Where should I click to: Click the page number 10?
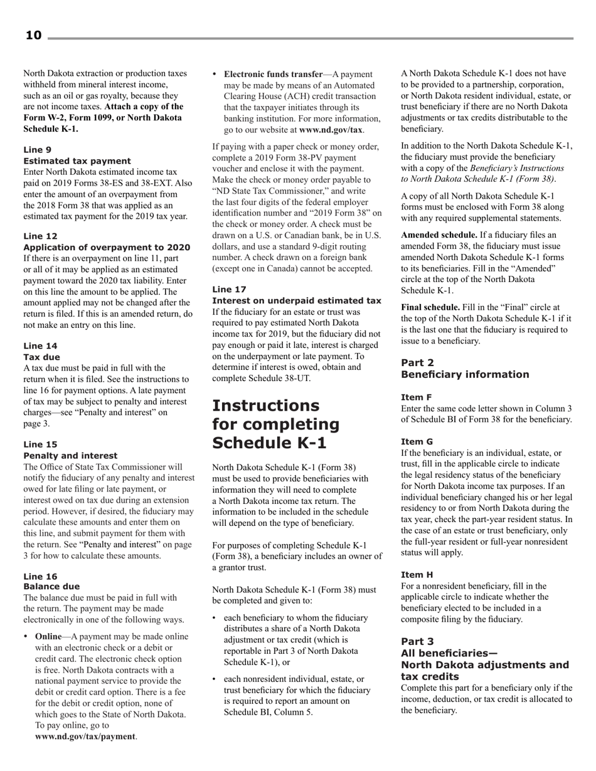point(33,36)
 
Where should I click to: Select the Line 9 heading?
point(37,150)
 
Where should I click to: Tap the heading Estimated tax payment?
point(77,161)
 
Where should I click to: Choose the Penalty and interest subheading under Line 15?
point(70,456)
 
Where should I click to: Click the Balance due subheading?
point(51,587)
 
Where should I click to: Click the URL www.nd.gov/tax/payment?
point(85,737)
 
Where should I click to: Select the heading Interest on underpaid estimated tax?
point(297,301)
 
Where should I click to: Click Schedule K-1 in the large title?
point(270,443)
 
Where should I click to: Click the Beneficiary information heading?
point(465,375)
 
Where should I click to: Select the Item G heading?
point(417,442)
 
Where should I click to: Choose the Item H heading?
point(417,575)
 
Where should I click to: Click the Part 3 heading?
point(417,641)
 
